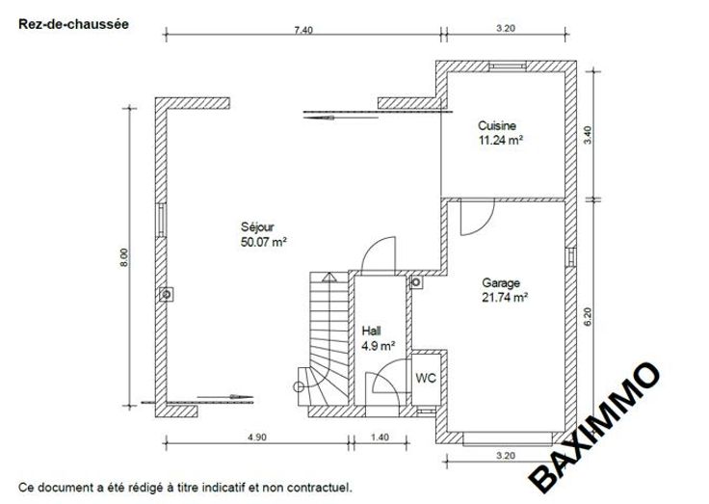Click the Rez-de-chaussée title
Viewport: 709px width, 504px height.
73,24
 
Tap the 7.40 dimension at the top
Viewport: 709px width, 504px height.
303,30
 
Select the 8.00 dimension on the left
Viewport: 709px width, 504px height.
124,257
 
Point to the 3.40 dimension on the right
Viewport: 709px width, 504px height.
588,135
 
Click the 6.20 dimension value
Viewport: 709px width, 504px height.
588,317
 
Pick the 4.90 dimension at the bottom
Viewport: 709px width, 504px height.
257,438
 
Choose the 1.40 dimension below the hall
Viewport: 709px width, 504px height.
380,438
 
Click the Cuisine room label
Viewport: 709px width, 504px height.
497,125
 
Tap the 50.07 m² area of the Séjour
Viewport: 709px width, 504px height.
264,242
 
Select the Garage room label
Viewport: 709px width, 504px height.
501,282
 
